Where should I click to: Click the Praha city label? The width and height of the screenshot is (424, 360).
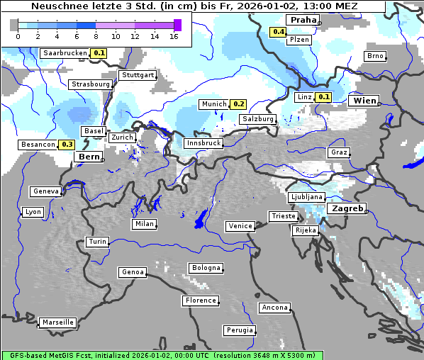point(303,20)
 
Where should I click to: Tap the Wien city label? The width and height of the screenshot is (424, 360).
point(364,101)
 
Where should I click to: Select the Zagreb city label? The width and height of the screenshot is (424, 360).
point(346,208)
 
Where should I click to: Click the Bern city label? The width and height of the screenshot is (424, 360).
point(89,157)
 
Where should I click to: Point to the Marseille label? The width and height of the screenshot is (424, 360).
point(58,322)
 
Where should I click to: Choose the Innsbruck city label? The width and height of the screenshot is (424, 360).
point(203,143)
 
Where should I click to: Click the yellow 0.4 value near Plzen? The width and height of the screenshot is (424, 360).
point(279,32)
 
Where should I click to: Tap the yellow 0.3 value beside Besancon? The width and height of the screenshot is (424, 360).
point(67,144)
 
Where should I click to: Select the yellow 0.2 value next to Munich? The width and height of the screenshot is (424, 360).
point(239,104)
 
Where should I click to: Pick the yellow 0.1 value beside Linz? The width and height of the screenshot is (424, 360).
point(324,97)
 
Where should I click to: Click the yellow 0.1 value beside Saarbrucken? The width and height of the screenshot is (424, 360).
point(99,53)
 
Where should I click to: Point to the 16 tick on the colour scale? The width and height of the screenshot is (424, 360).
point(174,35)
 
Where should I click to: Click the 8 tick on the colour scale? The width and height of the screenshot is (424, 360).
point(96,35)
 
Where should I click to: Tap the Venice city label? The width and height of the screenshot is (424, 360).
point(240,226)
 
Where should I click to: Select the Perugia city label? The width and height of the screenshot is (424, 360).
point(240,330)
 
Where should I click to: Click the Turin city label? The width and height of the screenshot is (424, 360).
point(98,242)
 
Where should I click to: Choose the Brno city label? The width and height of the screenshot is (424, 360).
point(375,56)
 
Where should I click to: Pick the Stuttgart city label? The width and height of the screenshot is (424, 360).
point(138,75)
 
